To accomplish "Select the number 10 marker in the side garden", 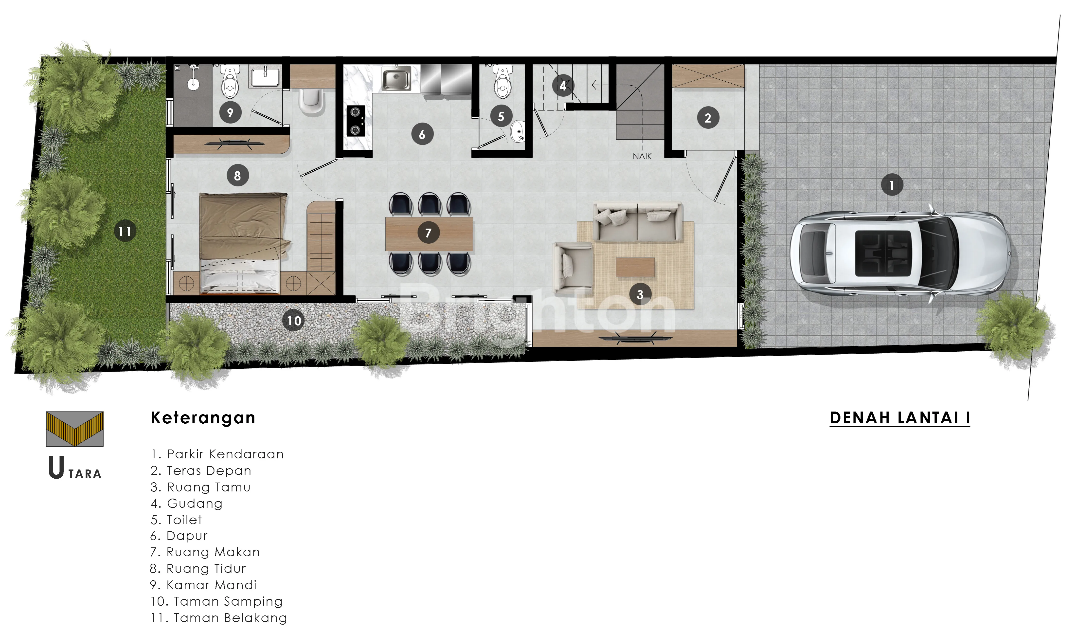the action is click(x=293, y=321).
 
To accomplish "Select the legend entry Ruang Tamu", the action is click(x=200, y=487).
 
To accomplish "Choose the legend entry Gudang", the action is click(x=186, y=504).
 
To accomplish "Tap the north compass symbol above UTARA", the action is click(x=75, y=429).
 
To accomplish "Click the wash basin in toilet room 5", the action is click(x=518, y=131).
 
